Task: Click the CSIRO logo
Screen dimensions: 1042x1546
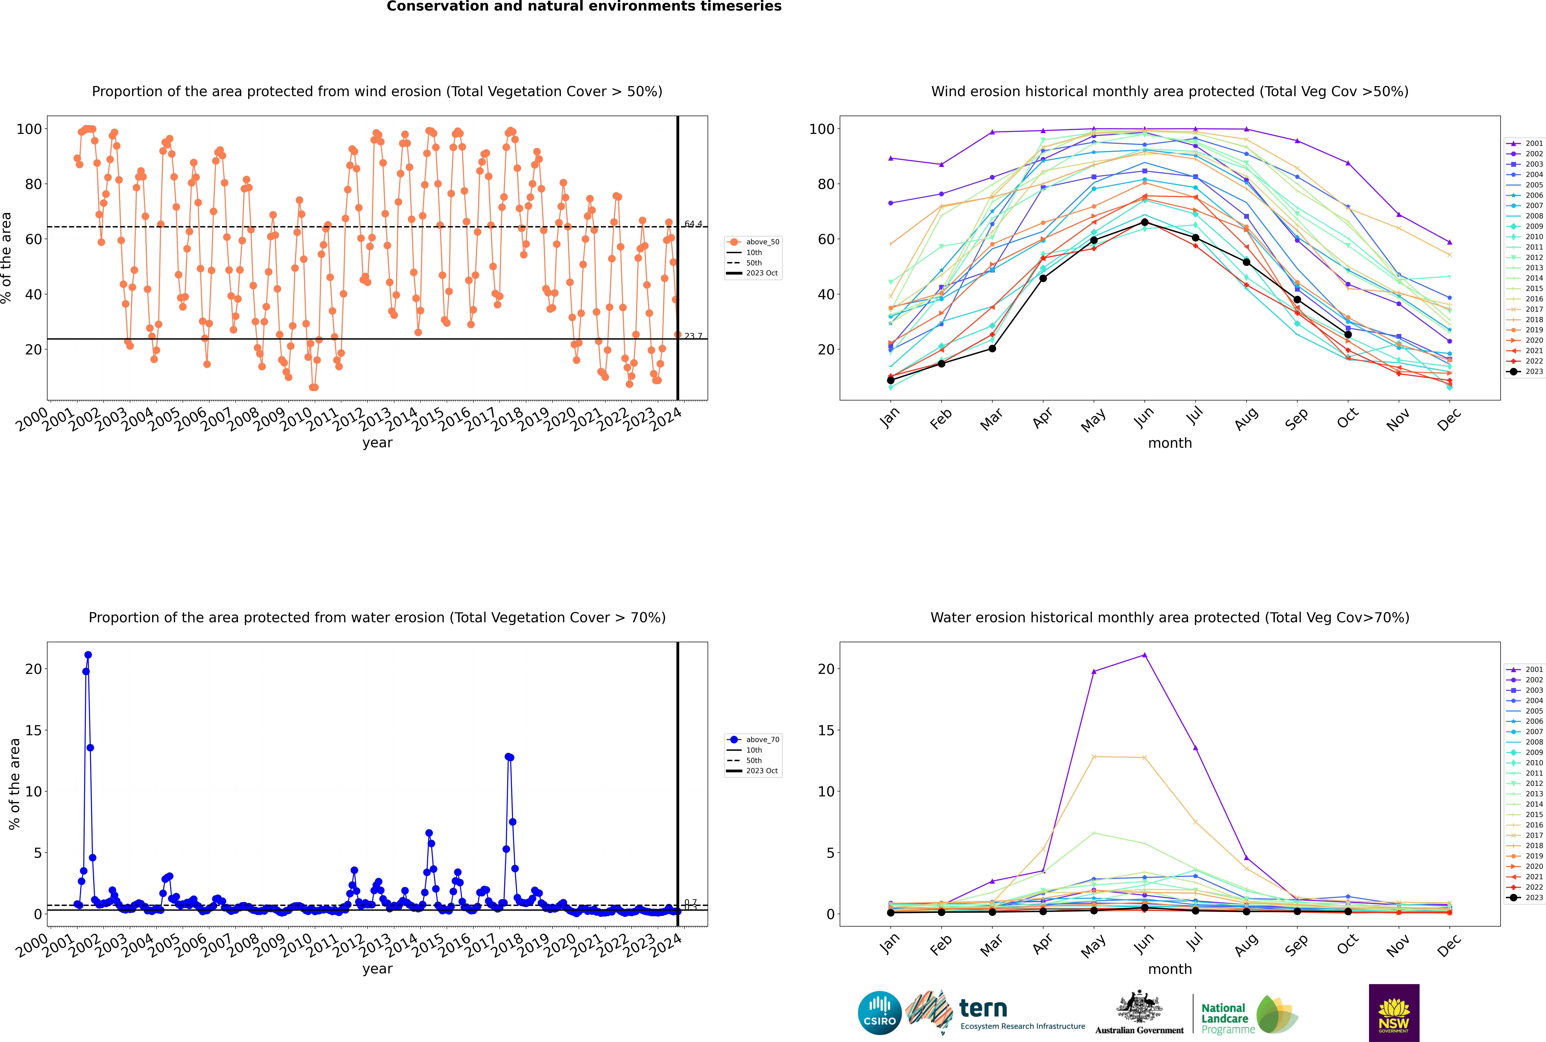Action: pyautogui.click(x=879, y=1013)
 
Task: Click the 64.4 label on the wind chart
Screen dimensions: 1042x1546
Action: pyautogui.click(x=693, y=224)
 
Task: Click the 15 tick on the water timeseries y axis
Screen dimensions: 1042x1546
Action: pyautogui.click(x=33, y=730)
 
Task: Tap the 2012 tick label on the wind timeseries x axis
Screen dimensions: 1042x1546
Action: pyautogui.click(x=348, y=420)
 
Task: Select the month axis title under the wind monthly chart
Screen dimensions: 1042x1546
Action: pyautogui.click(x=1170, y=443)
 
